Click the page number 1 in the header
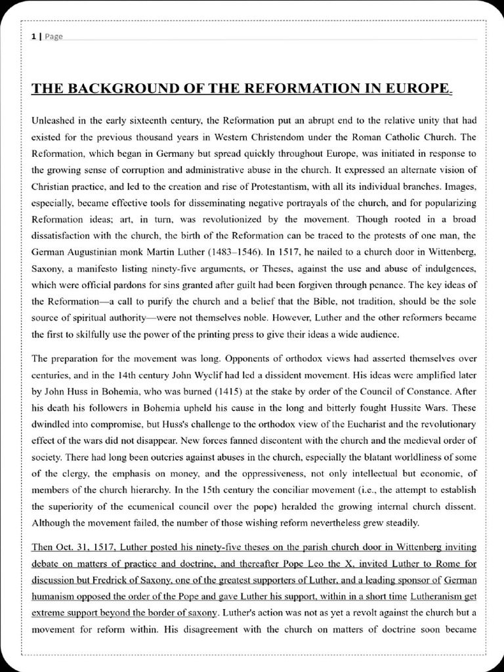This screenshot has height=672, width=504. coord(33,37)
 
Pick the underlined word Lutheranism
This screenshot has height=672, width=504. coord(438,597)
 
